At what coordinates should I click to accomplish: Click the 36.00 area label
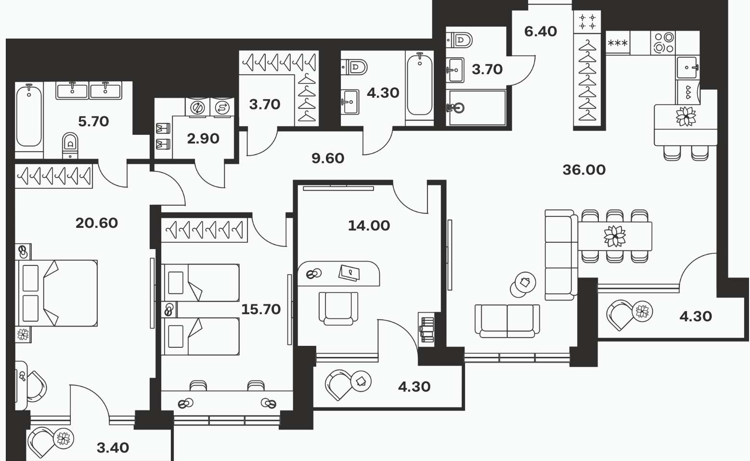[x=584, y=170]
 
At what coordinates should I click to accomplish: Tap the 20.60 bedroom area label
[x=96, y=223]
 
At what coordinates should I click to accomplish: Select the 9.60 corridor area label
[x=328, y=158]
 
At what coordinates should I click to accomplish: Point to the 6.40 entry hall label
[x=541, y=31]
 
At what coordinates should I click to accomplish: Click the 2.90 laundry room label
[x=203, y=139]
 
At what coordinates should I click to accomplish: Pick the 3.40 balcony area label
[x=113, y=448]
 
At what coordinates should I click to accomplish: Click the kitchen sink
[x=687, y=67]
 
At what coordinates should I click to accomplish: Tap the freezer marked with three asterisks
[x=618, y=43]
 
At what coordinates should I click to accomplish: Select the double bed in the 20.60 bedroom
[x=56, y=293]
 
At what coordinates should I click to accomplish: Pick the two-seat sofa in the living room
[x=507, y=321]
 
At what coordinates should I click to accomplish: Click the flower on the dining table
[x=615, y=236]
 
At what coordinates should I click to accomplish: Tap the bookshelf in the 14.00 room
[x=426, y=329]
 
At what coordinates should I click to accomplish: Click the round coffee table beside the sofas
[x=523, y=284]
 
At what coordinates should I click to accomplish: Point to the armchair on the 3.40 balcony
[x=41, y=442]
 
